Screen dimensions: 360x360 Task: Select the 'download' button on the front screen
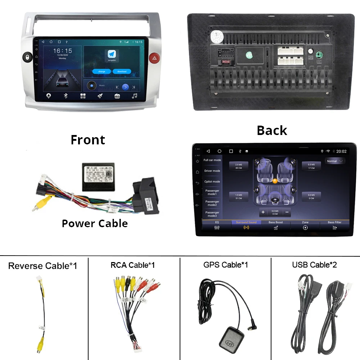[122, 71]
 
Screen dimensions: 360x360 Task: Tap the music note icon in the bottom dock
[134, 96]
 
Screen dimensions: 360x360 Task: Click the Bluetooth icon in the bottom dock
[66, 96]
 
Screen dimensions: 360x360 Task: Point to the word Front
[88, 140]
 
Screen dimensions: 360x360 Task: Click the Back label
[272, 130]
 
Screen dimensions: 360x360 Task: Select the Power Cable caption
[95, 223]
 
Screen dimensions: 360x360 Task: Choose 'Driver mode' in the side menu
[212, 171]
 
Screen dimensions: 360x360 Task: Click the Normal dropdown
[335, 161]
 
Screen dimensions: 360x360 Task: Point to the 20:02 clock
[341, 151]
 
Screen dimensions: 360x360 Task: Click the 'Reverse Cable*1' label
[42, 266]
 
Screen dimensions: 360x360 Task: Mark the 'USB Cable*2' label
[315, 265]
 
